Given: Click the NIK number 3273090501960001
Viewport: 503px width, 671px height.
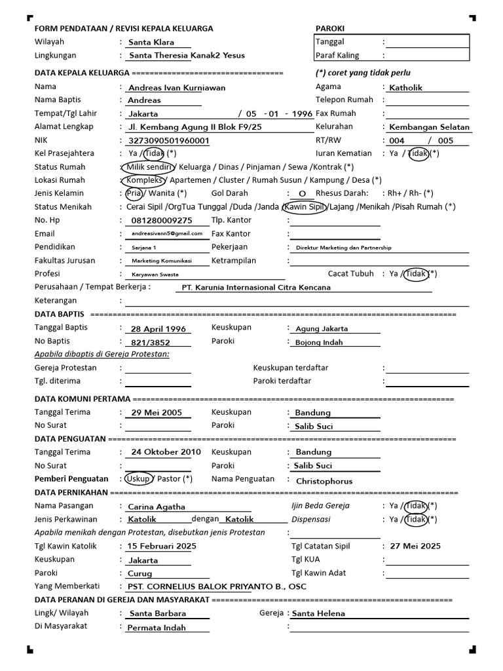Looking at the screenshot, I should point(169,140).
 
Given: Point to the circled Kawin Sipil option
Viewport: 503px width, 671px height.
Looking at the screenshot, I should point(303,207).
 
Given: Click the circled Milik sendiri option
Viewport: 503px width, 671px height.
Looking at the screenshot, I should point(149,167).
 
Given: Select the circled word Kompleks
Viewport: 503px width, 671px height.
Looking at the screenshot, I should point(144,180).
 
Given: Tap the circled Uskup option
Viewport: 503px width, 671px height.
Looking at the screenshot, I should point(139,478).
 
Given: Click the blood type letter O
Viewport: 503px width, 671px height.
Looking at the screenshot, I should point(302,194).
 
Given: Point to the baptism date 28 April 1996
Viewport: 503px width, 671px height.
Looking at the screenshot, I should point(158,329).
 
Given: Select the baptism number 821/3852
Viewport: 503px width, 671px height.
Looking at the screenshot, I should point(151,342).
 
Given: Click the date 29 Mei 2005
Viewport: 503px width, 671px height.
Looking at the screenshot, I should point(157,413).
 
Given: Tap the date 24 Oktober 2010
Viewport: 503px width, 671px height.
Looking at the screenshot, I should point(166,452).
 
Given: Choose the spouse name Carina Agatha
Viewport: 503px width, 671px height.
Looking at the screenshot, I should point(157,507).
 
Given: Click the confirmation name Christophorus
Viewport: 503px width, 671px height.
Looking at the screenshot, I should point(324,481).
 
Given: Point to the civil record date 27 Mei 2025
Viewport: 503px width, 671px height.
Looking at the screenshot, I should point(415,546).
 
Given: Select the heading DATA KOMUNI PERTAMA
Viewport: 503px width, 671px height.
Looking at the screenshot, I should point(83,399).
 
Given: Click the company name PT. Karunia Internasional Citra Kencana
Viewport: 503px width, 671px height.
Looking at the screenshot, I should point(256,287).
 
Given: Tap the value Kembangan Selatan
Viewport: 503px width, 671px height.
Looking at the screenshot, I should point(429,127).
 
